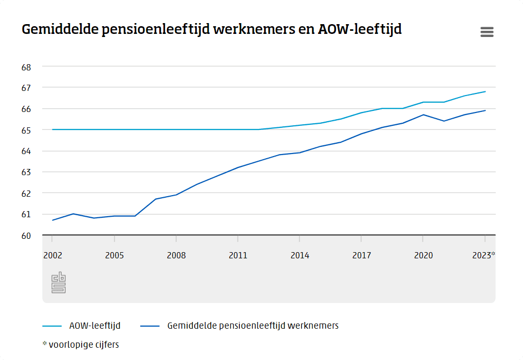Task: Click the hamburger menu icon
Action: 487,32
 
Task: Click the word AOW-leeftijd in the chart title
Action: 360,29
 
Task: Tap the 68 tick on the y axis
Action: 26,67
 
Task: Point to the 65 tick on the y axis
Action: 26,130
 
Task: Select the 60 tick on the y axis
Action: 26,236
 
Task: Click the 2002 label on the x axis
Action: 52,255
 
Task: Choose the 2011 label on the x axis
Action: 238,255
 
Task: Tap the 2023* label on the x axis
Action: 483,255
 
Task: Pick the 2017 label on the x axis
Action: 361,255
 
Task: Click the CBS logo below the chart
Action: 59,282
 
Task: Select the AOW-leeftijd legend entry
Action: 95,326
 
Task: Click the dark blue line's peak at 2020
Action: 423,115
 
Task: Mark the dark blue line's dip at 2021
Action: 444,121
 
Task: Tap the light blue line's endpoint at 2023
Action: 485,91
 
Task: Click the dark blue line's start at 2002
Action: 52,220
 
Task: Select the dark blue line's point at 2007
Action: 156,199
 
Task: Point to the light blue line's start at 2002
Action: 52,129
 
